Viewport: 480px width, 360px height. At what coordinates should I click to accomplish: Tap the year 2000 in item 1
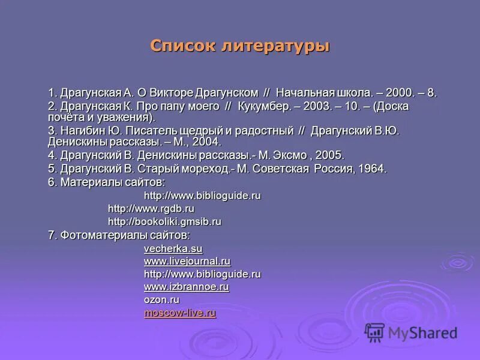tap(400, 93)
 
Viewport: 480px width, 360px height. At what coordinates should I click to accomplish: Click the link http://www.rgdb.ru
tap(151, 208)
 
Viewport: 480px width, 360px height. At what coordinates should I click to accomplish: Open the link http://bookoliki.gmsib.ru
tap(164, 221)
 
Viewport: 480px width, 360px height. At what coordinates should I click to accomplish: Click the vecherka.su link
tap(173, 248)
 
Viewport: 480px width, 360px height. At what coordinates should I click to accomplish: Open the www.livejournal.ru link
tap(187, 261)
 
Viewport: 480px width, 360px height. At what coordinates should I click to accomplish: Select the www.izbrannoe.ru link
tap(187, 287)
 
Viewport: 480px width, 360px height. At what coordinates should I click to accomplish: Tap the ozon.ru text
tap(161, 299)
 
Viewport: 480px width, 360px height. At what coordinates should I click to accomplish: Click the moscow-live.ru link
tap(179, 313)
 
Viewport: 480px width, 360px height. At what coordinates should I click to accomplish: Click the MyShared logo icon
tap(375, 332)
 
